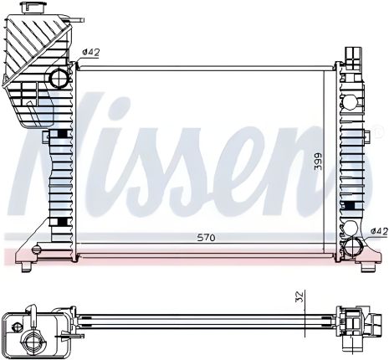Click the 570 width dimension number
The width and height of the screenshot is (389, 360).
(206, 239)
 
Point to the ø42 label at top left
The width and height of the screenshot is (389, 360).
(91, 53)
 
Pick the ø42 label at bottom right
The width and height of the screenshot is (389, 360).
(379, 231)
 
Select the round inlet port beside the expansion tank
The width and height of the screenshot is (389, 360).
(59, 80)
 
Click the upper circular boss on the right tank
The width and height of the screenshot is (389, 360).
(349, 105)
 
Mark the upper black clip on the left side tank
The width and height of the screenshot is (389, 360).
(63, 134)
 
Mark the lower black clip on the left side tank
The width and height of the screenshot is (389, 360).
(63, 222)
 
